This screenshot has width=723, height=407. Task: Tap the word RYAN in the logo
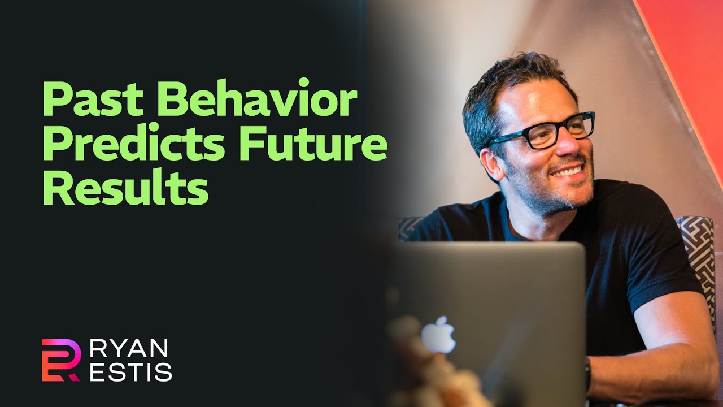click(x=129, y=349)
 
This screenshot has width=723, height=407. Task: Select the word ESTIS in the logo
click(x=130, y=373)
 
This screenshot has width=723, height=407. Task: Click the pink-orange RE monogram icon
click(x=60, y=360)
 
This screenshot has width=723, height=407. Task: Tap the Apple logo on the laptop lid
click(x=438, y=335)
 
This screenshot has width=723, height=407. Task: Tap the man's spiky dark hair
click(x=508, y=79)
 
